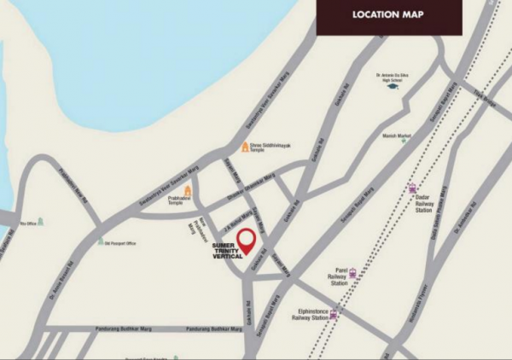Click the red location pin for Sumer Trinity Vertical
(x=246, y=241)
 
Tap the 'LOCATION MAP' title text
(x=389, y=15)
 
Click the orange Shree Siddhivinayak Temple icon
(x=245, y=148)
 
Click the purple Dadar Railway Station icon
(x=413, y=189)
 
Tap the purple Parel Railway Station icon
(x=352, y=274)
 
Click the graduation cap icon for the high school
(x=393, y=86)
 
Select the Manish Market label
(x=398, y=135)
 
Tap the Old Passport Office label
(x=119, y=243)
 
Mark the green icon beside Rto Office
(x=40, y=222)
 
